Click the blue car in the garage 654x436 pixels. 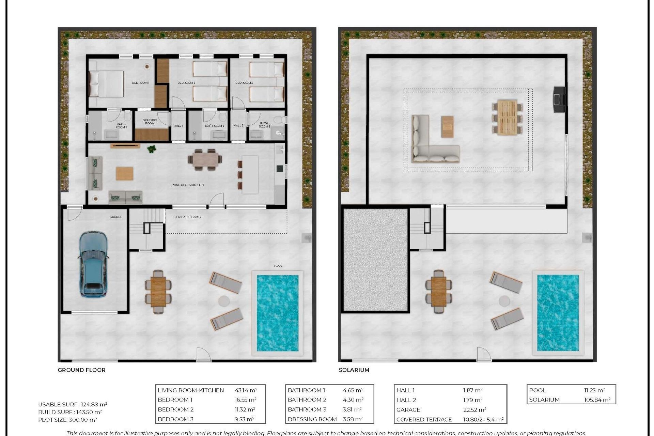point(93,264)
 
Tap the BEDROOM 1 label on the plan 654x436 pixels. point(140,83)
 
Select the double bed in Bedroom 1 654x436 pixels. point(106,84)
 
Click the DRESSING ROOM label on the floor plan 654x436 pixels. point(150,122)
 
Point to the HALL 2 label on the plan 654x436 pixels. point(238,125)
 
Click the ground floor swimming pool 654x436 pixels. point(277,313)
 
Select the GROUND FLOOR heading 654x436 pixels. point(81,370)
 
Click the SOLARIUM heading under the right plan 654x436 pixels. point(354,370)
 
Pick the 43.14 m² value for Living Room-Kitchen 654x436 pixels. point(246,390)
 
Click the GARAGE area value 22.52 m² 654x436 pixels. point(474,410)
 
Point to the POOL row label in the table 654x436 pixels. point(537,390)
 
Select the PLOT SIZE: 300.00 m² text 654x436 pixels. point(67,420)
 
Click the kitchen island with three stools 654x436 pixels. point(250,175)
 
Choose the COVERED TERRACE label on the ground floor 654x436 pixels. point(188,217)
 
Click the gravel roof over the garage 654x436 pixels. point(375,260)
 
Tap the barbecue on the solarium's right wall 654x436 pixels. point(559,99)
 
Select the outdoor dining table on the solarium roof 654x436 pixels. point(507,117)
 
